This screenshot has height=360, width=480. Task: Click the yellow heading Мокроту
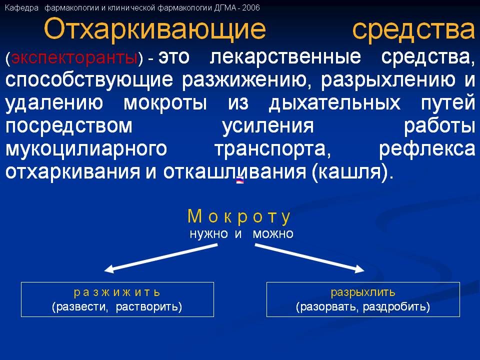pos(239,216)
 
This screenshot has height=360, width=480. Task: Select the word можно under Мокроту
pos(273,233)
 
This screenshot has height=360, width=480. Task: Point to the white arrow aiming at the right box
pos(310,257)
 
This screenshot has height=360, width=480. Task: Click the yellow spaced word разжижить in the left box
pos(117,292)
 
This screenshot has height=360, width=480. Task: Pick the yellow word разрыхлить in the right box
pos(363,292)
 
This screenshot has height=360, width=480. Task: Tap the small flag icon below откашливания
pos(239,181)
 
